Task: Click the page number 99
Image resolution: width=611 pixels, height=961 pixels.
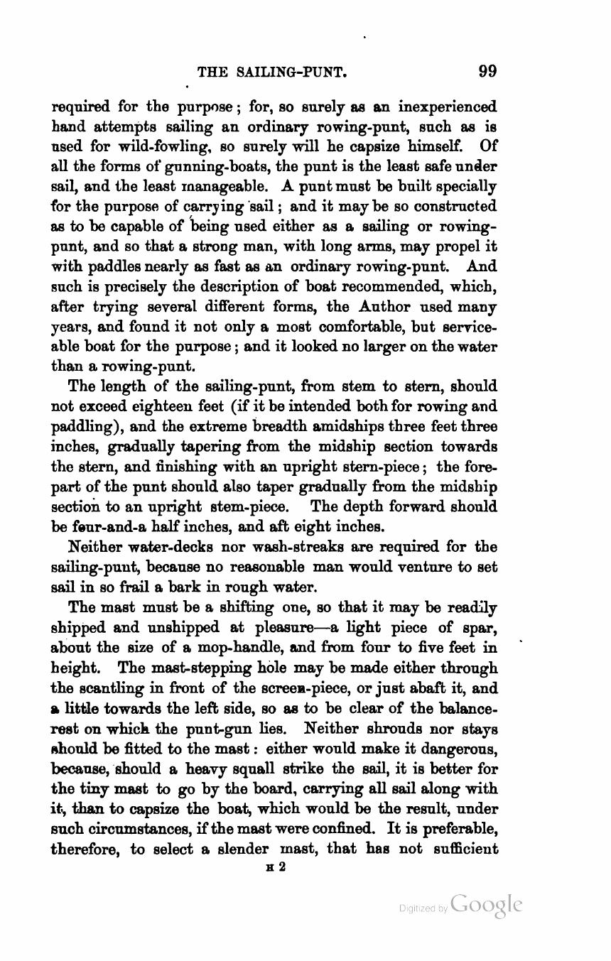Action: pyautogui.click(x=487, y=70)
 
